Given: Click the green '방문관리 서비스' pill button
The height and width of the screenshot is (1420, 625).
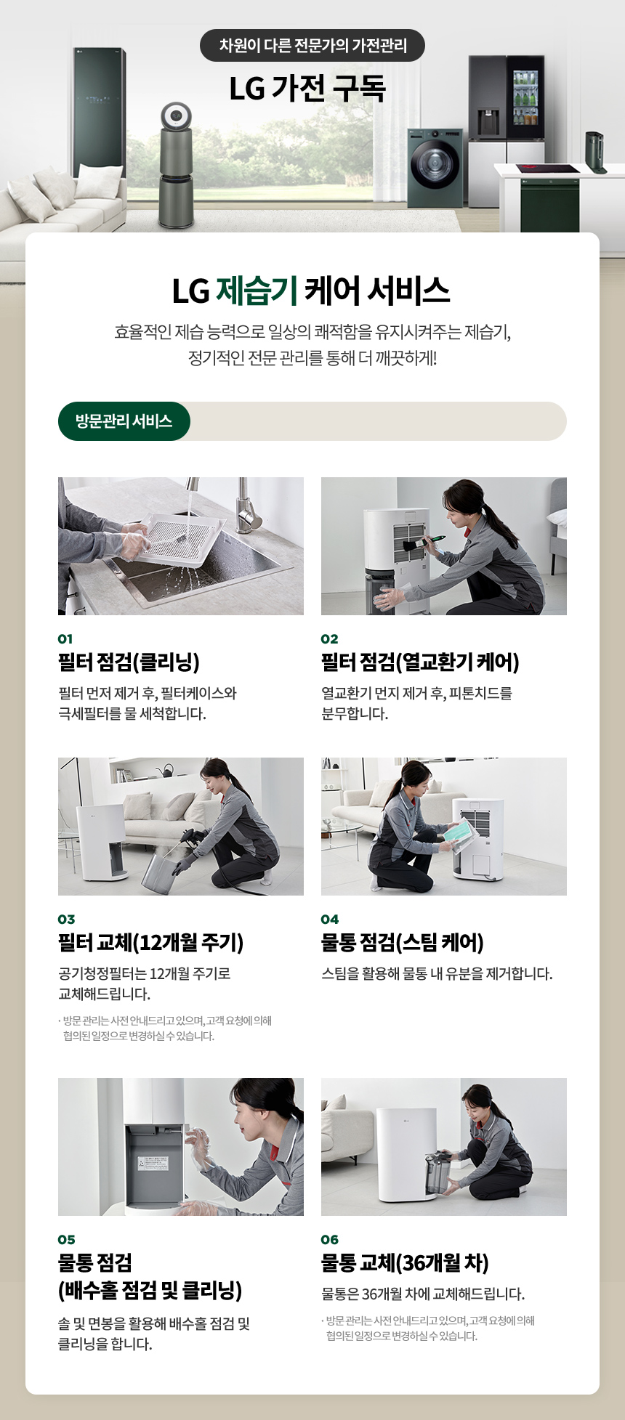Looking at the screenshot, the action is click(x=124, y=421).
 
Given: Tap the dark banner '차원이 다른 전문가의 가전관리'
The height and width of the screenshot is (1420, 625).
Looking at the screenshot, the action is click(x=312, y=46).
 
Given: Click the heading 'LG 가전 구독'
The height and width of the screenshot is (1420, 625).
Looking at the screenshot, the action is click(x=307, y=89).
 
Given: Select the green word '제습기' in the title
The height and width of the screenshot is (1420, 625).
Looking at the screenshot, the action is click(x=257, y=291).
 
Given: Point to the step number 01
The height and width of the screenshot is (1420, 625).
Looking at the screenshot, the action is click(x=65, y=639).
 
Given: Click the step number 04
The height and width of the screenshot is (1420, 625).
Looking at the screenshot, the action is click(x=330, y=920).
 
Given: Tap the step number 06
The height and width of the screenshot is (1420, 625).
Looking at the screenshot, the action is click(x=330, y=1240).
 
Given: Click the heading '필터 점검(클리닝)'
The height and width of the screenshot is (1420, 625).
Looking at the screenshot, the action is click(x=129, y=662).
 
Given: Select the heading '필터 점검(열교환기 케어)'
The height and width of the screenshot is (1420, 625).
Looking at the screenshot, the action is click(x=420, y=662).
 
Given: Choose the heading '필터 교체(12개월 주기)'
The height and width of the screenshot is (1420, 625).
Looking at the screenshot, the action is click(x=151, y=942).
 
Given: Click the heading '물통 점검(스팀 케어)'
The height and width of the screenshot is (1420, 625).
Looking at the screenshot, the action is click(x=403, y=942).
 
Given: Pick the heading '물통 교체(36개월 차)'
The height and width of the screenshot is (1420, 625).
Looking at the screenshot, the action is click(x=405, y=1262).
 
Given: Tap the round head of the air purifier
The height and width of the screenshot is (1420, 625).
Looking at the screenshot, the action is click(x=177, y=115).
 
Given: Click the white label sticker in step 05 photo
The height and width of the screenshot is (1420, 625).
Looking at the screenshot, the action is click(x=153, y=1163).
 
